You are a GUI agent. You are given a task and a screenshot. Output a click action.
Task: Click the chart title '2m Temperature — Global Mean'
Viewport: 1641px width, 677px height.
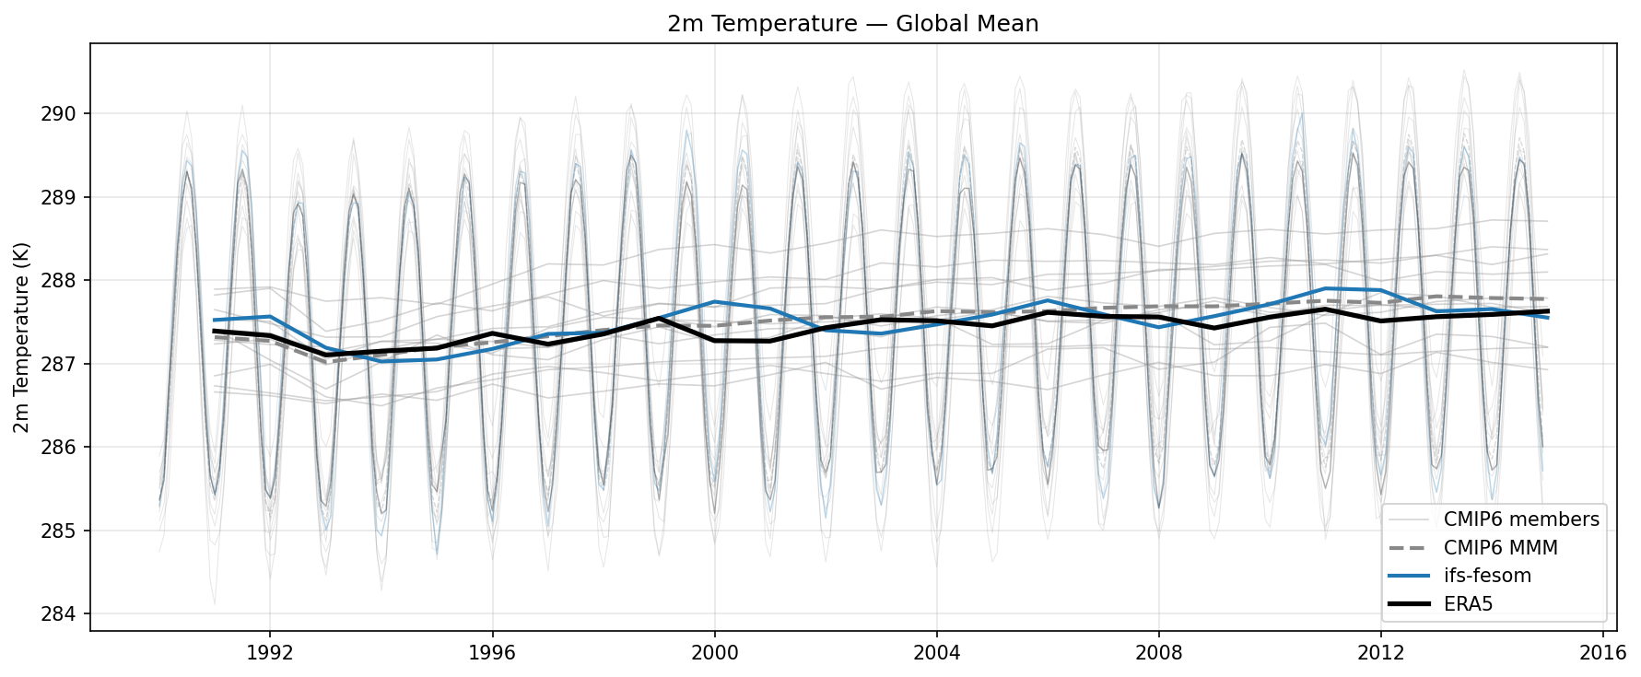click(852, 24)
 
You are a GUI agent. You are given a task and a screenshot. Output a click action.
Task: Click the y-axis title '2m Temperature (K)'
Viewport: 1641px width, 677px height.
click(22, 338)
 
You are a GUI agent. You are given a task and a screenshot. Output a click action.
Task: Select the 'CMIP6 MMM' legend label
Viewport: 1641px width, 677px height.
click(1500, 548)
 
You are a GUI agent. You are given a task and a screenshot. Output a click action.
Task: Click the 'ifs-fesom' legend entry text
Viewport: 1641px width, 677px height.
click(1487, 576)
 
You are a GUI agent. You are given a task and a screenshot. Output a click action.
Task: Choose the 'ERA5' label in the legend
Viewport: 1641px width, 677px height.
click(1468, 604)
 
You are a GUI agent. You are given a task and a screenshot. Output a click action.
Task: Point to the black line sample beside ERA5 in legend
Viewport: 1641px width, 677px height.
click(1409, 604)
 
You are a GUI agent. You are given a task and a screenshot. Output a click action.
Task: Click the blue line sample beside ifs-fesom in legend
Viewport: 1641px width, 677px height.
click(1409, 576)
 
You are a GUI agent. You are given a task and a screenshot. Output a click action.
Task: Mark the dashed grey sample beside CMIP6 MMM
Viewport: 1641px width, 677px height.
click(1409, 548)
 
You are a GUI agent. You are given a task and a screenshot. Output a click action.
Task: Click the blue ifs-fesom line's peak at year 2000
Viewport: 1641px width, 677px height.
click(714, 301)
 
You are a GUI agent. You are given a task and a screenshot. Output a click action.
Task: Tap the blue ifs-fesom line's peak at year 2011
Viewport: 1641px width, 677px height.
click(1325, 288)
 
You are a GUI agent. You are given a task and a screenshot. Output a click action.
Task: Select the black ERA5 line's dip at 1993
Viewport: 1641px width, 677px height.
click(325, 355)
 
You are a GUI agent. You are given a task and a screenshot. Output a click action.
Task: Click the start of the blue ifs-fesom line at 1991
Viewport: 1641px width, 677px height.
click(215, 320)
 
